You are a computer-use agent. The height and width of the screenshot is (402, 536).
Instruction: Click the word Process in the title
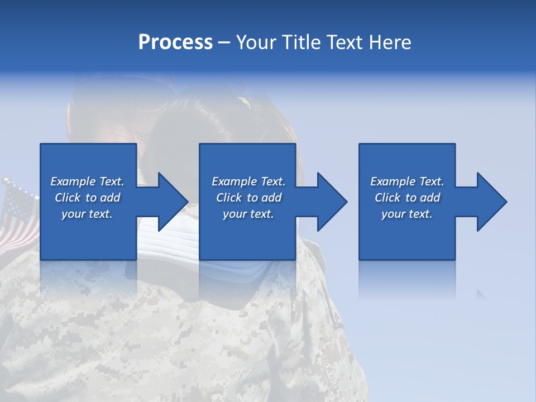click(175, 42)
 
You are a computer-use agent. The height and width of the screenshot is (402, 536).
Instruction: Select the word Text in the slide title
click(343, 42)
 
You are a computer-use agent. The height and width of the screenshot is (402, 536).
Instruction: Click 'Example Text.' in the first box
click(87, 181)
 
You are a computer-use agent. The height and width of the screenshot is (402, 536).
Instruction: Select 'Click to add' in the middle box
click(248, 198)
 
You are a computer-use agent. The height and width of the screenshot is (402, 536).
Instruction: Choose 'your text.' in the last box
click(406, 214)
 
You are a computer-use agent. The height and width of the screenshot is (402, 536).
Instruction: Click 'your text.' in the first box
click(87, 214)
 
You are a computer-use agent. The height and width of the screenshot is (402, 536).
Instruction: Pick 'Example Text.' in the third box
click(406, 181)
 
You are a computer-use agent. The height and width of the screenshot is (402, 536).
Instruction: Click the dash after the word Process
click(224, 42)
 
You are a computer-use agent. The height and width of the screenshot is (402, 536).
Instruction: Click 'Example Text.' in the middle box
click(248, 181)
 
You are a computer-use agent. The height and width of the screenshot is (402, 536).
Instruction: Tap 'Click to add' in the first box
click(87, 198)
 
